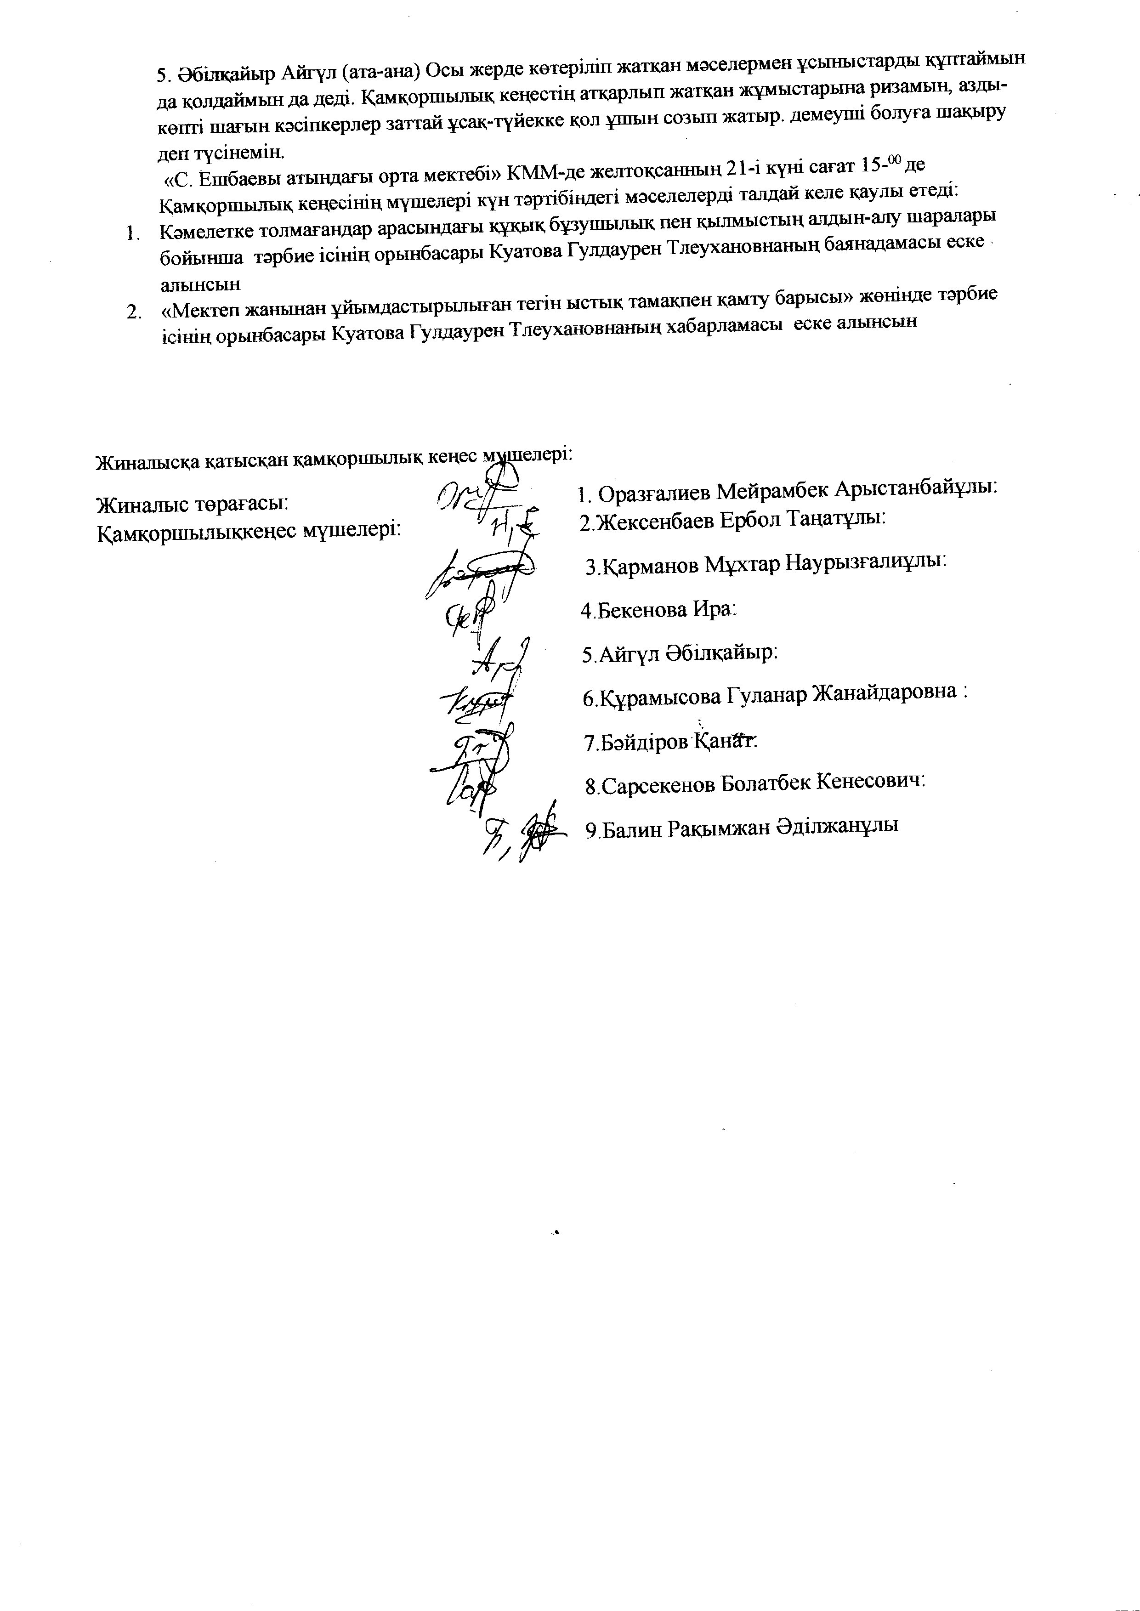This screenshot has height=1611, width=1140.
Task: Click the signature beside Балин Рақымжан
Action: (x=523, y=835)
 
